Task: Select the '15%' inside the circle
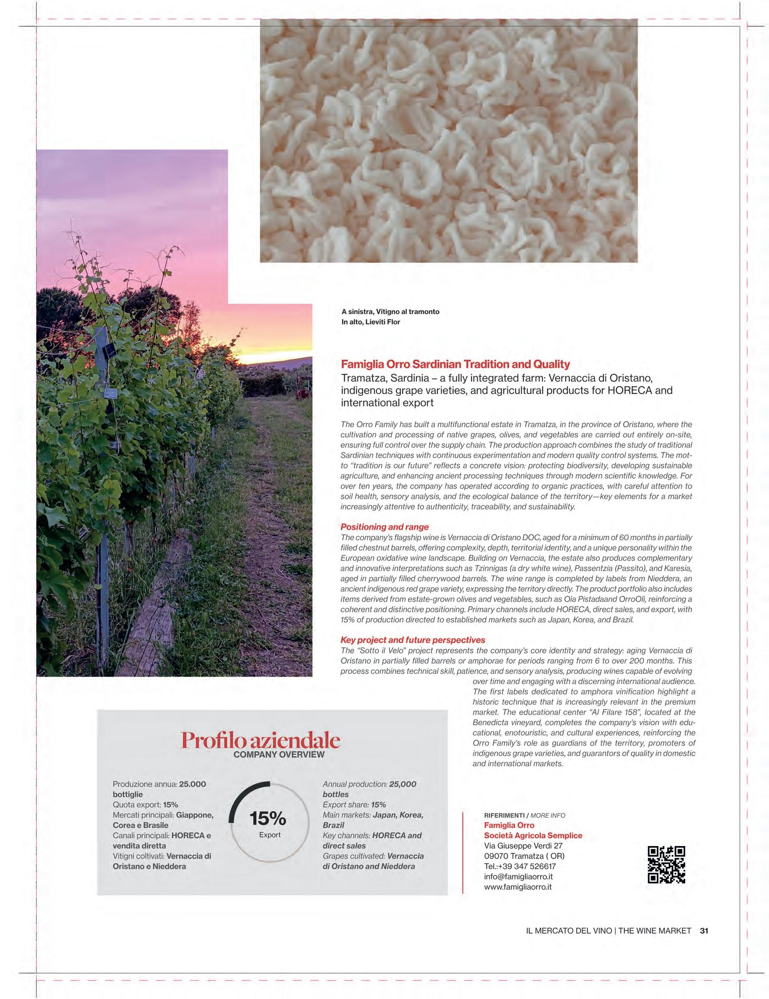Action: coord(268,819)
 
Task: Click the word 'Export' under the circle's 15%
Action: coord(270,835)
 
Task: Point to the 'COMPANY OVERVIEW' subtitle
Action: coord(279,755)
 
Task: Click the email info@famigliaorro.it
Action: coord(518,876)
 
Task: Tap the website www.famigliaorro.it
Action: coord(518,887)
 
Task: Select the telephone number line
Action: coord(520,866)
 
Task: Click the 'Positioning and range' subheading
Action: coord(384,527)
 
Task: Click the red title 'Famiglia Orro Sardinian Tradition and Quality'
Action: coord(456,365)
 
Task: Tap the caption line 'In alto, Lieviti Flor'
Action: coord(371,322)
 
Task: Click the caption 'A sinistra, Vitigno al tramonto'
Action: coord(390,312)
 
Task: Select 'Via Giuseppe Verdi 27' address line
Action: coord(523,846)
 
